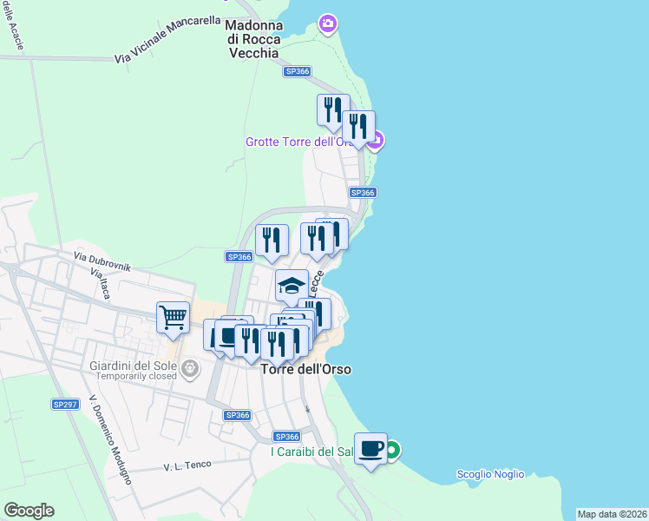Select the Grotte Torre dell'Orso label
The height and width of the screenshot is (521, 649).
click(x=303, y=142)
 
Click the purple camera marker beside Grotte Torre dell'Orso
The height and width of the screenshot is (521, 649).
click(x=375, y=139)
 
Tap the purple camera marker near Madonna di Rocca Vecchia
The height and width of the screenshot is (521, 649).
click(x=328, y=23)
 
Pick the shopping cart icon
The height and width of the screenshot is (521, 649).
click(x=174, y=318)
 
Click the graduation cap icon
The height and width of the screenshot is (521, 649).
click(x=292, y=286)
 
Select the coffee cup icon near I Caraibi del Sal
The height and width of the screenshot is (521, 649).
click(x=370, y=449)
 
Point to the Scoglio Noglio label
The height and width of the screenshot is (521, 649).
click(x=490, y=473)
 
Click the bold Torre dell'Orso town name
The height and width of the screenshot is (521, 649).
click(x=305, y=369)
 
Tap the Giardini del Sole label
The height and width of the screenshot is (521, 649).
click(x=134, y=365)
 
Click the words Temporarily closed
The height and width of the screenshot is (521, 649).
click(x=135, y=376)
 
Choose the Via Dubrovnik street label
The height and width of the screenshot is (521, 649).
click(x=102, y=261)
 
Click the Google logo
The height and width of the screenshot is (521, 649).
click(x=29, y=511)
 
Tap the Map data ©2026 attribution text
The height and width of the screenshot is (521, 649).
click(x=613, y=514)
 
